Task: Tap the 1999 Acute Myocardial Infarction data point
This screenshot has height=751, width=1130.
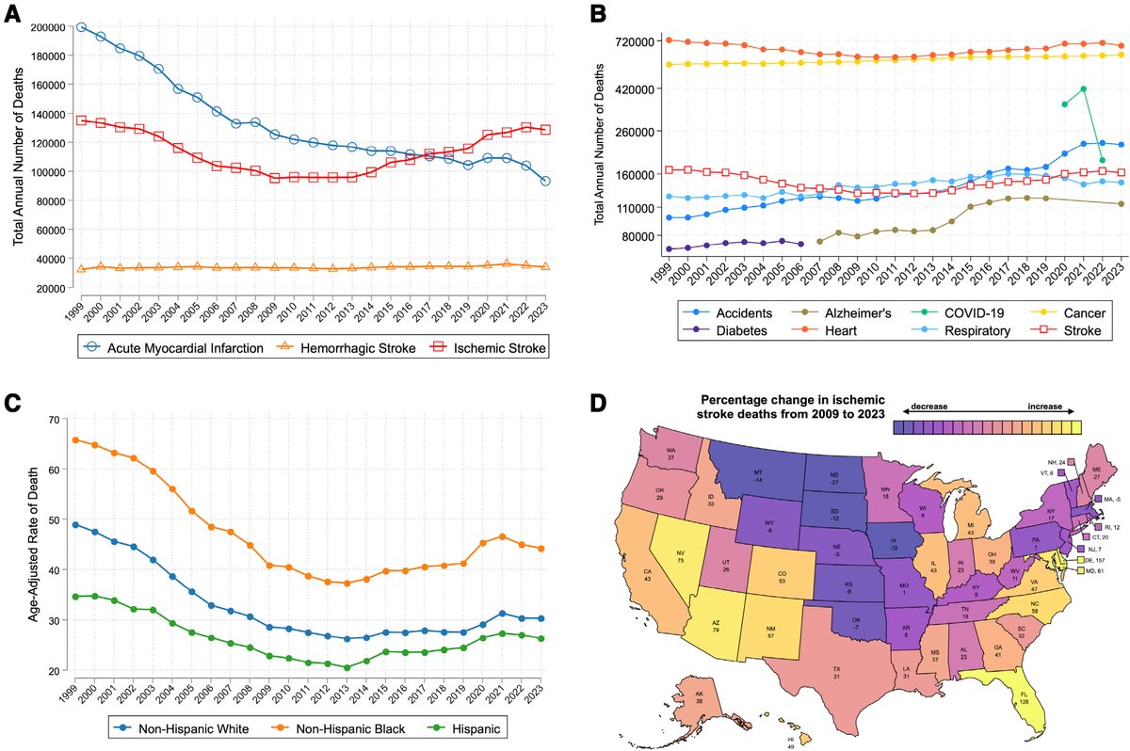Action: click(82, 27)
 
